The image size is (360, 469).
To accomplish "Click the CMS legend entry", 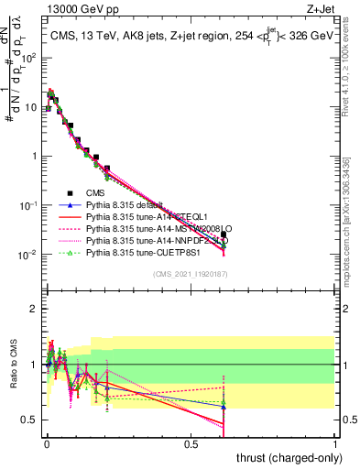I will click(95, 191).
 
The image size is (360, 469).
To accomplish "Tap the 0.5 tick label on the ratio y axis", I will click(30, 420).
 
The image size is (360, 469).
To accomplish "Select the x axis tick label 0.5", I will click(191, 442).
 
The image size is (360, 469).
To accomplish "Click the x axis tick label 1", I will click(335, 442).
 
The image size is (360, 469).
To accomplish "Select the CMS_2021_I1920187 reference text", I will click(191, 274).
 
